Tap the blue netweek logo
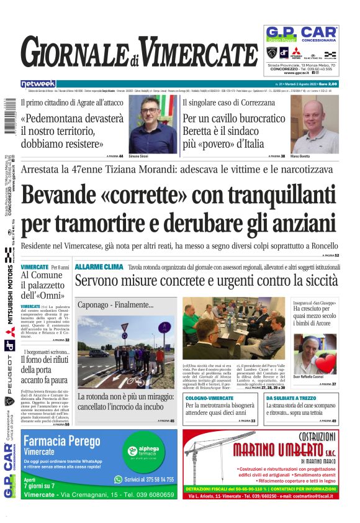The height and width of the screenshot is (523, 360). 38,84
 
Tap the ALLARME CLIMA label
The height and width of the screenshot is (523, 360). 99,266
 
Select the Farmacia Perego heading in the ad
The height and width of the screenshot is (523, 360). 53,442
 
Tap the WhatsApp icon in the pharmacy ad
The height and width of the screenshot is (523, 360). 118,479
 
